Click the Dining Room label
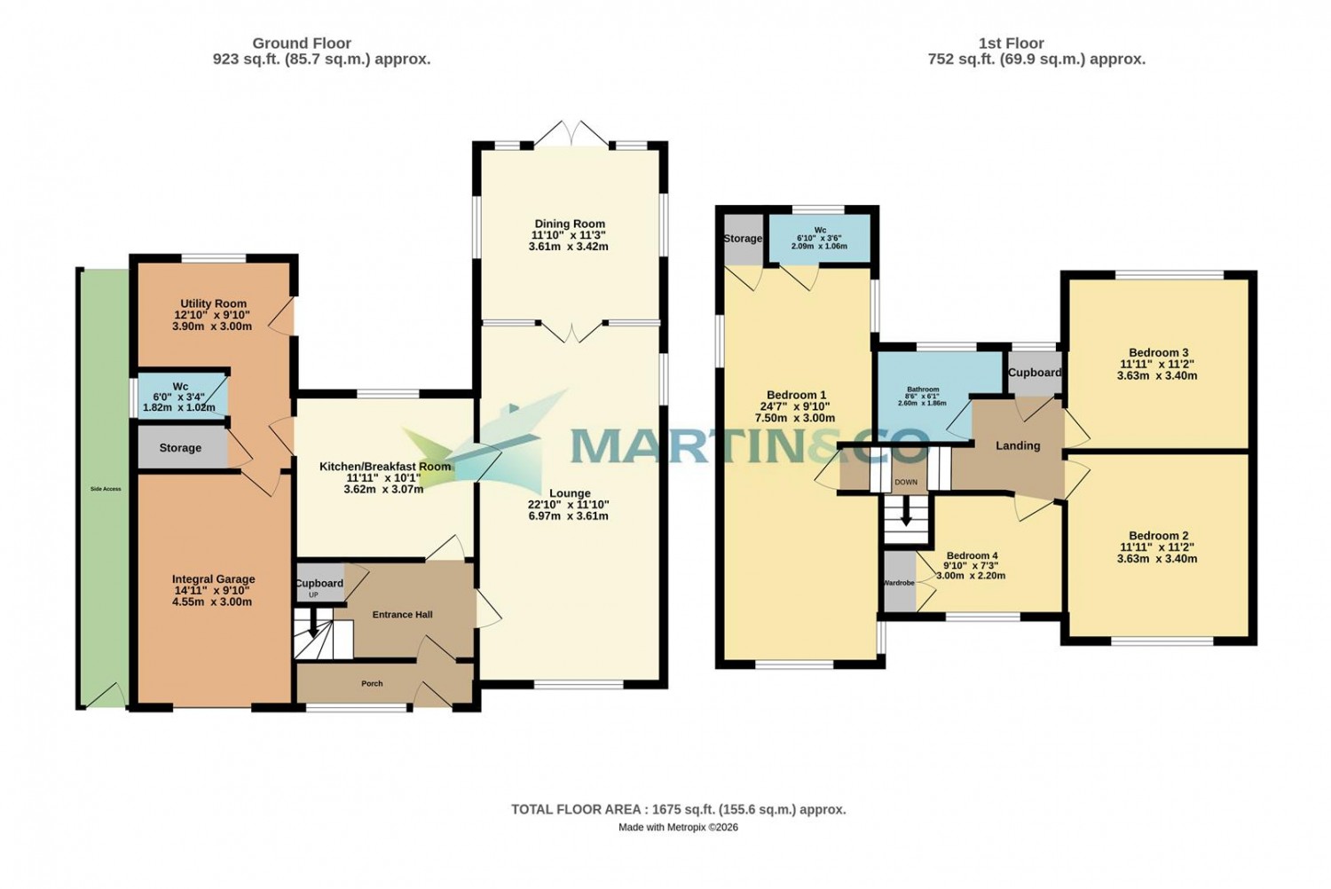[x=570, y=224]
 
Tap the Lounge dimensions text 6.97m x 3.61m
[x=569, y=515]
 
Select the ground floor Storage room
[x=180, y=448]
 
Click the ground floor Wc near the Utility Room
[x=181, y=397]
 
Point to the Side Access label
[x=106, y=489]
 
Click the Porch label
[x=372, y=683]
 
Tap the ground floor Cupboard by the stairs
[x=319, y=583]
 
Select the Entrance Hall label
[x=402, y=614]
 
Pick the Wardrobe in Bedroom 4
[x=899, y=583]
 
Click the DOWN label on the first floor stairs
[x=906, y=483]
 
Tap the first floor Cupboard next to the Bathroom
[x=1035, y=373]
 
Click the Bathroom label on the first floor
[x=923, y=389]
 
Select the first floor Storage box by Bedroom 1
[x=743, y=239]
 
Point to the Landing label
[x=1018, y=445]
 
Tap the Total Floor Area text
[x=678, y=809]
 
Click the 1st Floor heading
[x=1011, y=43]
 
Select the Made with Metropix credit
[x=678, y=827]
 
